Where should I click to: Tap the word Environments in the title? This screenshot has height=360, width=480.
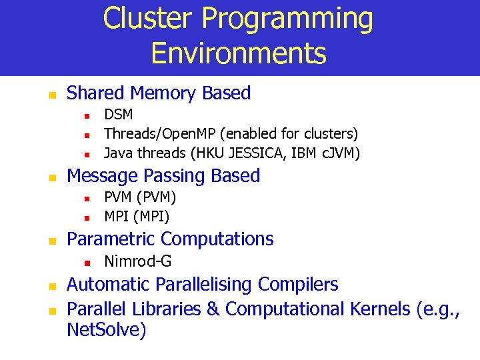239,53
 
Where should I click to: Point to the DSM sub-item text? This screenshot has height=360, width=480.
119,115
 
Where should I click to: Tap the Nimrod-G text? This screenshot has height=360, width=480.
137,261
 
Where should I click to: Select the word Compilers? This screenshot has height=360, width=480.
298,285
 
